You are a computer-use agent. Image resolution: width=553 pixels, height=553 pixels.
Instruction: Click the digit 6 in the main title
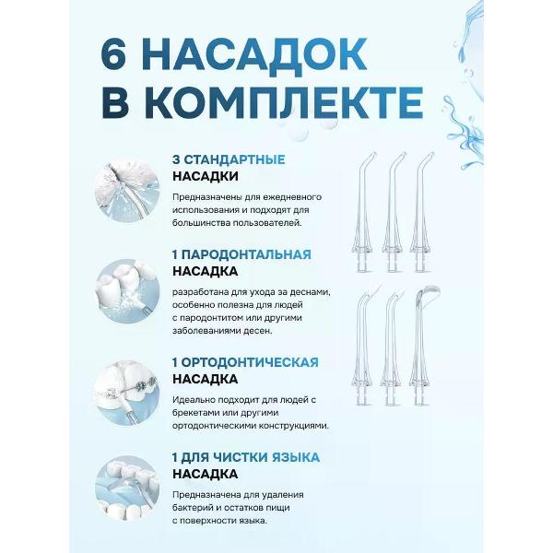[113, 53]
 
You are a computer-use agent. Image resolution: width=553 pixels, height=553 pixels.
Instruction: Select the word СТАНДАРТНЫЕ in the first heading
[234, 159]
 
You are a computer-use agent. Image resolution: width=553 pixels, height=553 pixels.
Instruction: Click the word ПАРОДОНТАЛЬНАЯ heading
[246, 254]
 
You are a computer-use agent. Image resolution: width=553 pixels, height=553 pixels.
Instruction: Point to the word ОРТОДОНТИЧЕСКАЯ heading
[250, 362]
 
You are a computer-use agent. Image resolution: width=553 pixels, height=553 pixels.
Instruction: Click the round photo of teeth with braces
[127, 394]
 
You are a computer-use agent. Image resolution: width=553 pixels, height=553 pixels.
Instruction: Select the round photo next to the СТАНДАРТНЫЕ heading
[127, 191]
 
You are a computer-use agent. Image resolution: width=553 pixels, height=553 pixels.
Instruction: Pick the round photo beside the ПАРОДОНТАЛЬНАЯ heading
[127, 291]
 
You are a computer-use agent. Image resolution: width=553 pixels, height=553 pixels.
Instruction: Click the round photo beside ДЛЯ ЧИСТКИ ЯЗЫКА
[127, 488]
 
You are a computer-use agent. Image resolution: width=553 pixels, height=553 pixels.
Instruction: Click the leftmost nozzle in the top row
[362, 212]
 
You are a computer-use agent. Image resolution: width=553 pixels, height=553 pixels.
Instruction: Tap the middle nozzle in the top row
[392, 212]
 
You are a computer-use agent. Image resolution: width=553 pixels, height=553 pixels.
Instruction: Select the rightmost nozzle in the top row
[420, 212]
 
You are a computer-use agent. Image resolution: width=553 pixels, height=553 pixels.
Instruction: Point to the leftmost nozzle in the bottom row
[362, 347]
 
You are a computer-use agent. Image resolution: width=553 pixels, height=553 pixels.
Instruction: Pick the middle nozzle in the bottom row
[391, 347]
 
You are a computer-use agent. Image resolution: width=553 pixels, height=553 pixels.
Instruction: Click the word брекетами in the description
[195, 413]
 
